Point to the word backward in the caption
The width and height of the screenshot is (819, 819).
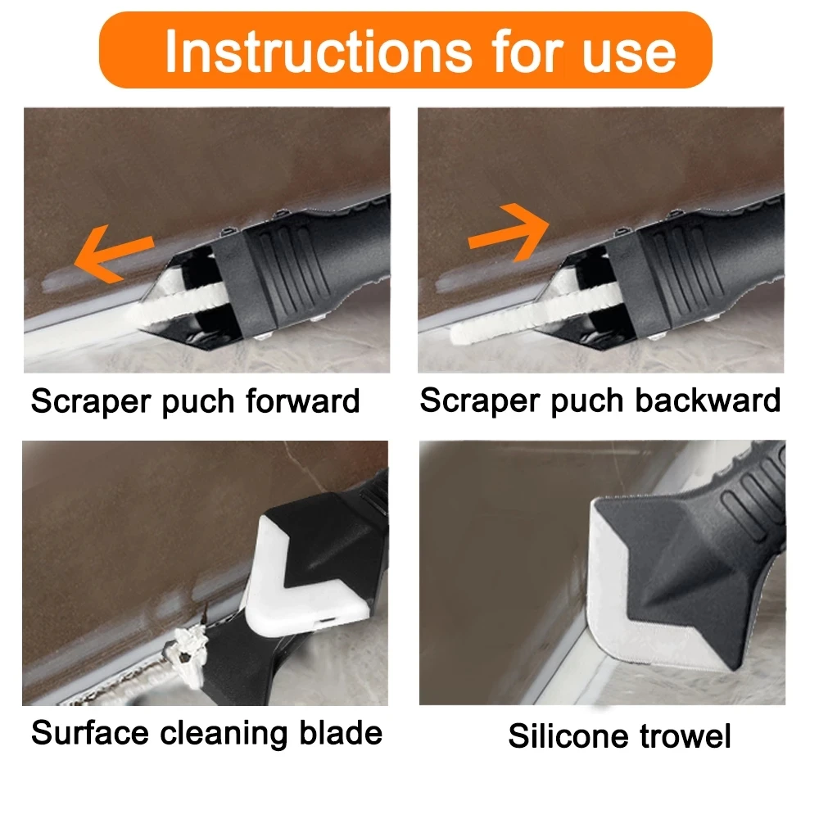(x=712, y=400)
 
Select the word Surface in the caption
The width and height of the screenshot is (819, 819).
(x=89, y=732)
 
